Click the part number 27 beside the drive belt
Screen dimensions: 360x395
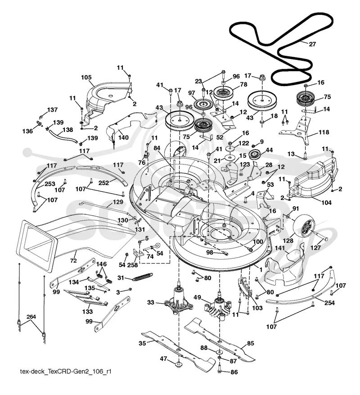coord(312,44)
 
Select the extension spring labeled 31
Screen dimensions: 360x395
coord(143,277)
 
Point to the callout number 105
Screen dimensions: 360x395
coord(86,77)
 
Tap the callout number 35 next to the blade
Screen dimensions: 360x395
coord(142,343)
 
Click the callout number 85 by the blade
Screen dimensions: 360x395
coord(251,343)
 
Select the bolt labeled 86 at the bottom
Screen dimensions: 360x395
coord(220,371)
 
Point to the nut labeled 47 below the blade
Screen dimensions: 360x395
coord(178,364)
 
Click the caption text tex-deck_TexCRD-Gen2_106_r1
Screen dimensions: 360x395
coord(66,372)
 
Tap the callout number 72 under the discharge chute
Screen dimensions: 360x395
coord(73,260)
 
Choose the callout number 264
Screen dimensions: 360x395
coord(31,317)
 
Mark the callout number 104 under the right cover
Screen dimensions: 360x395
coord(326,203)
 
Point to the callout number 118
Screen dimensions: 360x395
coord(324,132)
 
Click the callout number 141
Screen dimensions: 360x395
coord(280,248)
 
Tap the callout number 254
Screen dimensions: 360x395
coord(329,303)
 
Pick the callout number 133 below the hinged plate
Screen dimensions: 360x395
coord(87,312)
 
